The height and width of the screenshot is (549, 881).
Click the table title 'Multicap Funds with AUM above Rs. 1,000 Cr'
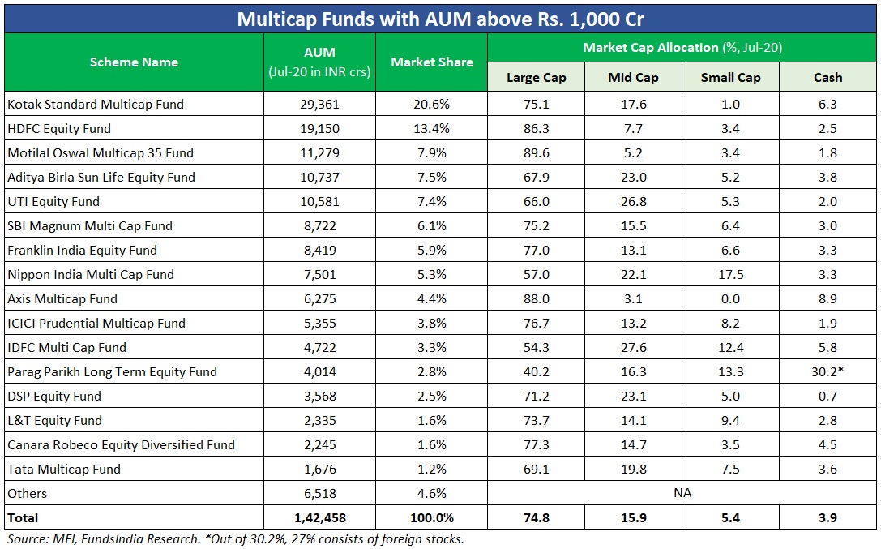pyautogui.click(x=440, y=18)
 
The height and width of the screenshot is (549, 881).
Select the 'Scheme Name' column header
pyautogui.click(x=134, y=62)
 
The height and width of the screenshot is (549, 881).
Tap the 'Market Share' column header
pyautogui.click(x=431, y=62)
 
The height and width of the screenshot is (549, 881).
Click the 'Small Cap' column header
pyautogui.click(x=730, y=78)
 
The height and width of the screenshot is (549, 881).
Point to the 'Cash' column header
pyautogui.click(x=828, y=78)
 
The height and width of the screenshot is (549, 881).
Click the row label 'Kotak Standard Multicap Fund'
pyautogui.click(x=96, y=104)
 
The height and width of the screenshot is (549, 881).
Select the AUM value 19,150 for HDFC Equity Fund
pyautogui.click(x=319, y=128)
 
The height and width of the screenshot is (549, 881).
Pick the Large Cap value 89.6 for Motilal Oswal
pyautogui.click(x=536, y=152)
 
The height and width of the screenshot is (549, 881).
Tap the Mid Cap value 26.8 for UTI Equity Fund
pyautogui.click(x=633, y=201)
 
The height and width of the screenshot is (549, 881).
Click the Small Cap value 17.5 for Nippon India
pyautogui.click(x=730, y=274)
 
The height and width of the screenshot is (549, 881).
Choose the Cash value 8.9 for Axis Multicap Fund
pyautogui.click(x=828, y=298)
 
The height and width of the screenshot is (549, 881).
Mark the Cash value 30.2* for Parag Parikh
pyautogui.click(x=829, y=371)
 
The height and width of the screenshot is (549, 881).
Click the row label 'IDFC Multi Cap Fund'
pyautogui.click(x=66, y=347)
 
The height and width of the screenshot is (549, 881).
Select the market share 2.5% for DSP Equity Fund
pyautogui.click(x=431, y=396)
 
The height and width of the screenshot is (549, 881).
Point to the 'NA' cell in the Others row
pyautogui.click(x=682, y=493)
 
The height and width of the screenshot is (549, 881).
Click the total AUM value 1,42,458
pyautogui.click(x=319, y=517)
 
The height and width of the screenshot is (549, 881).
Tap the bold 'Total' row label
pyautogui.click(x=23, y=517)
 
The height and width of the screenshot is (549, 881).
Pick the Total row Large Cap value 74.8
pyautogui.click(x=536, y=517)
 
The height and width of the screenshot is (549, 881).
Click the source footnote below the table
pyautogui.click(x=235, y=538)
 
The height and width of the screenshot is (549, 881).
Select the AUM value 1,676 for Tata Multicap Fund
pyautogui.click(x=319, y=469)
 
